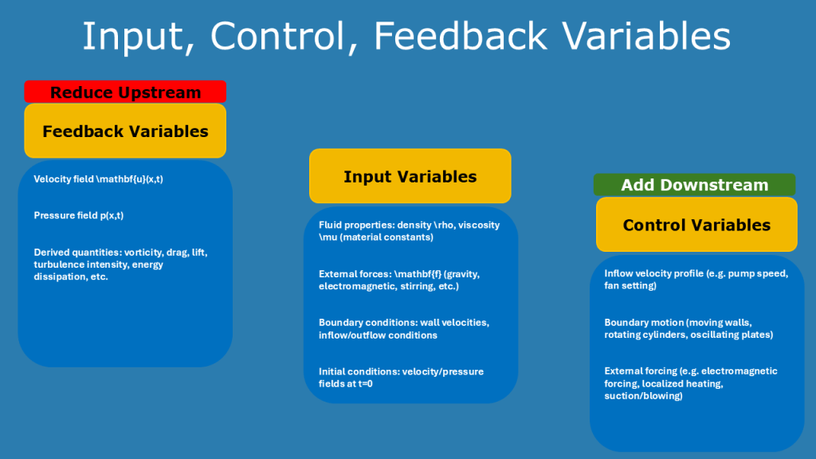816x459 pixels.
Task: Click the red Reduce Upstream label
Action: tap(125, 92)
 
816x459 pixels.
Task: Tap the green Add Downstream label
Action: tap(694, 185)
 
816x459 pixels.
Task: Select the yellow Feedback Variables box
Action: tap(125, 131)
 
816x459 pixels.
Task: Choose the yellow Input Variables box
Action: tap(410, 177)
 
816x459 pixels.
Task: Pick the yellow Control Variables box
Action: tap(696, 225)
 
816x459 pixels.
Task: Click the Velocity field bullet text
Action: tap(104, 179)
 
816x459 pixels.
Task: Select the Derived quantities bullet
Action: tap(120, 264)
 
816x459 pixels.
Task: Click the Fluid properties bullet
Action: tap(409, 230)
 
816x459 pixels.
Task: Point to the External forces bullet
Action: tap(398, 279)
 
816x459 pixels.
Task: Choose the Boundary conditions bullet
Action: tap(403, 328)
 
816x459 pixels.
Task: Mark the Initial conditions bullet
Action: tap(401, 377)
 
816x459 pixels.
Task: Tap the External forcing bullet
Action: tap(690, 383)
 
